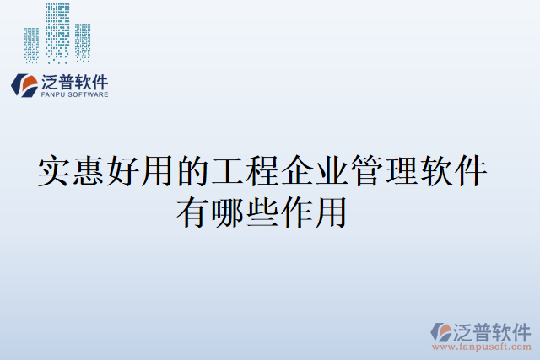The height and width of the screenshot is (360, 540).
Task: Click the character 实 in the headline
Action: [56, 171]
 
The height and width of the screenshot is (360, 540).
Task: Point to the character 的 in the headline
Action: [194, 171]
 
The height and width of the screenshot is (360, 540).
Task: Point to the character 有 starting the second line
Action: [192, 211]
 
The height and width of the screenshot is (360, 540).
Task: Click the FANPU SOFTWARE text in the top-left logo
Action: [74, 95]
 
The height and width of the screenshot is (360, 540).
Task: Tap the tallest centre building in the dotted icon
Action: [57, 32]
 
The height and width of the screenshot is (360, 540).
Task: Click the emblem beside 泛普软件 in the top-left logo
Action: [24, 85]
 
